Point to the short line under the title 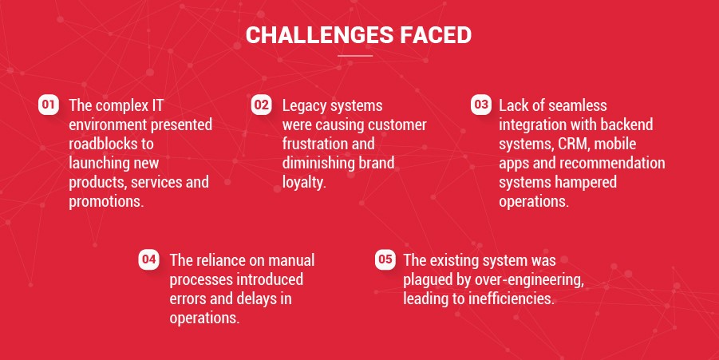click(x=355, y=56)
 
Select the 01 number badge click(x=48, y=105)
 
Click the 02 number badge click(x=262, y=105)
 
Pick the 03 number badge click(x=481, y=105)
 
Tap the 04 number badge click(x=148, y=259)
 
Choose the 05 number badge click(x=385, y=259)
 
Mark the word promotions click(x=106, y=202)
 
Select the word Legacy click(x=303, y=106)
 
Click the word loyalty click(x=304, y=183)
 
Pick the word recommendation click(x=612, y=163)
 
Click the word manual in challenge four click(x=291, y=260)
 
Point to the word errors click(x=188, y=299)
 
